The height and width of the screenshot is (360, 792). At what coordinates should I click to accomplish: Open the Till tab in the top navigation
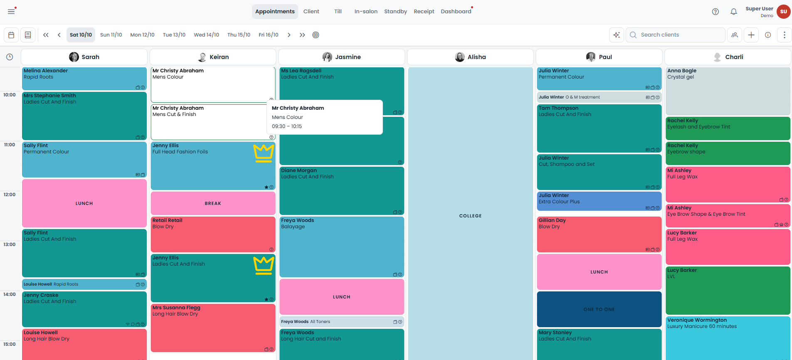pyautogui.click(x=338, y=12)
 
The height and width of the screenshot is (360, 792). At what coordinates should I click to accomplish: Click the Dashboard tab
pyautogui.click(x=456, y=12)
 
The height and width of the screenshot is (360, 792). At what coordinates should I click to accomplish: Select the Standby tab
pyautogui.click(x=395, y=12)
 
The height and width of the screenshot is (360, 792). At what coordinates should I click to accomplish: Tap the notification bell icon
pyautogui.click(x=734, y=12)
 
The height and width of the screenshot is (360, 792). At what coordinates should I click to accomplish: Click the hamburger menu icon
pyautogui.click(x=11, y=12)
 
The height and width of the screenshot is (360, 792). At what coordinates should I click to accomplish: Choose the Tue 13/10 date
pyautogui.click(x=174, y=35)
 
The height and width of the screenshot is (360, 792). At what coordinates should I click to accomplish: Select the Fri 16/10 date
pyautogui.click(x=269, y=35)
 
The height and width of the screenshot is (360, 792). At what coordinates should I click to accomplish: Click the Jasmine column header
pyautogui.click(x=341, y=57)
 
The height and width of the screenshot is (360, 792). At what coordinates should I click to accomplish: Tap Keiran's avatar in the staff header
pyautogui.click(x=202, y=57)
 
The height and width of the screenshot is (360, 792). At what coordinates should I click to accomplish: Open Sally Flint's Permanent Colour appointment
pyautogui.click(x=84, y=160)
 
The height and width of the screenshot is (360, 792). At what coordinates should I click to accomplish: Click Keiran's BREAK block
pyautogui.click(x=213, y=203)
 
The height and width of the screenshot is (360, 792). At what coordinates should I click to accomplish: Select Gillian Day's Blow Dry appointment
pyautogui.click(x=599, y=234)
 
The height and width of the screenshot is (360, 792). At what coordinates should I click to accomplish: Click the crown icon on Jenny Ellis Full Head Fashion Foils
pyautogui.click(x=264, y=153)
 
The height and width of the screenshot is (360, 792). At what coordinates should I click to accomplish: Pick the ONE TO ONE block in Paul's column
pyautogui.click(x=599, y=309)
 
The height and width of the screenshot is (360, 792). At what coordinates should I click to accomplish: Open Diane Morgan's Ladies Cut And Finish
pyautogui.click(x=341, y=191)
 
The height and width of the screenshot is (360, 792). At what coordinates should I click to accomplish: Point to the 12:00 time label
pyautogui.click(x=10, y=195)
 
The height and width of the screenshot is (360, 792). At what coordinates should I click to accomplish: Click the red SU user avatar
pyautogui.click(x=784, y=12)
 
